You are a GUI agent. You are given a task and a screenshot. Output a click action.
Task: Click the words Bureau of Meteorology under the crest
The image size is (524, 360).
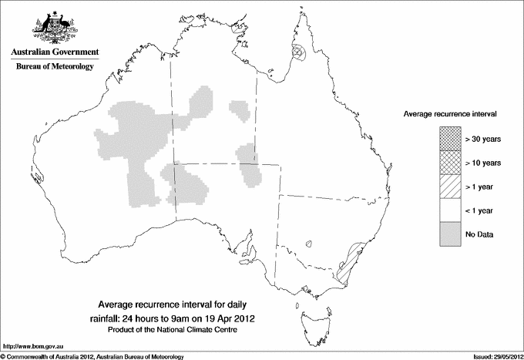pos(55,67)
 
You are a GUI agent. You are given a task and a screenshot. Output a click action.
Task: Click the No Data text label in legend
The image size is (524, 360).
pos(479,234)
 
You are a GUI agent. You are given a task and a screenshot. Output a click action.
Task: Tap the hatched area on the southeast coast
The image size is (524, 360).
pos(348,262)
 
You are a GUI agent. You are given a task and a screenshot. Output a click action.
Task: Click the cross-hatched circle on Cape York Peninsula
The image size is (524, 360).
pos(300,53)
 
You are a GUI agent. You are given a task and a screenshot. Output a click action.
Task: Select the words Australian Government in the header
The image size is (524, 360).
pos(55,52)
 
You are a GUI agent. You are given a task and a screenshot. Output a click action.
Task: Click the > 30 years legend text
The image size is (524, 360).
pos(484,140)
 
